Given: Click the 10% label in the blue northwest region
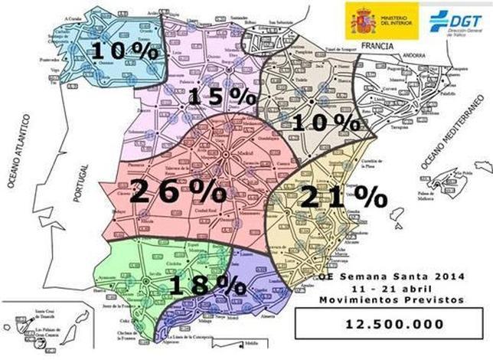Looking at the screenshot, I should click(x=122, y=51).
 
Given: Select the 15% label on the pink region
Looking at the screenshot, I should click(x=221, y=97).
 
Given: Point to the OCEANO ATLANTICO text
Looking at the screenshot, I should click(x=22, y=150).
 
